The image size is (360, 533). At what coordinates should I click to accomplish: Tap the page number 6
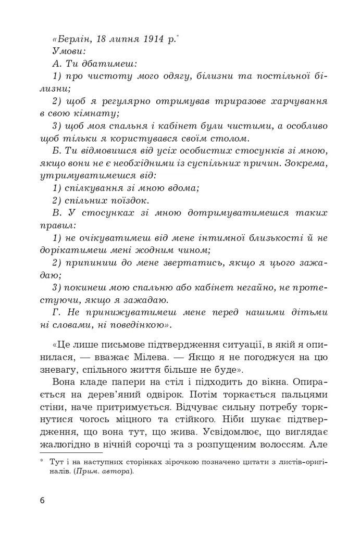42,501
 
